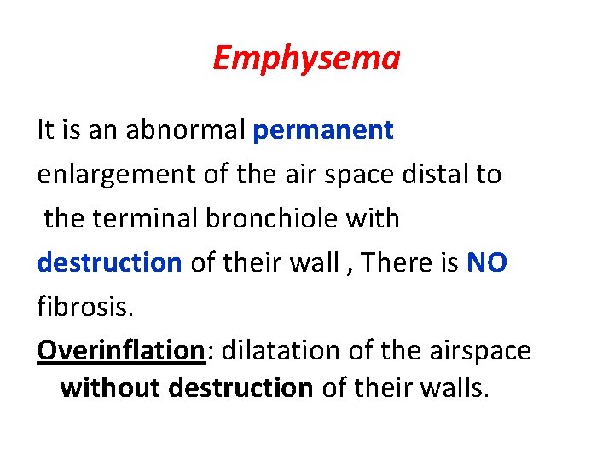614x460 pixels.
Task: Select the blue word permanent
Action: pyautogui.click(x=324, y=130)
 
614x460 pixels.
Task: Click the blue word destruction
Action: pyautogui.click(x=109, y=262)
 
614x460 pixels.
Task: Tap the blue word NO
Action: pyautogui.click(x=487, y=262)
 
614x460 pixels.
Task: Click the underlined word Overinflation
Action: pyautogui.click(x=118, y=350)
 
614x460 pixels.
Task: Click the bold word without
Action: pyautogui.click(x=110, y=388)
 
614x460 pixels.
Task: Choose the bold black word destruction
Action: pyautogui.click(x=240, y=388)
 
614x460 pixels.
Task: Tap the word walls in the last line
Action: pyautogui.click(x=458, y=388)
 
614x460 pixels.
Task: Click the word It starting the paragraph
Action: pyautogui.click(x=47, y=130)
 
